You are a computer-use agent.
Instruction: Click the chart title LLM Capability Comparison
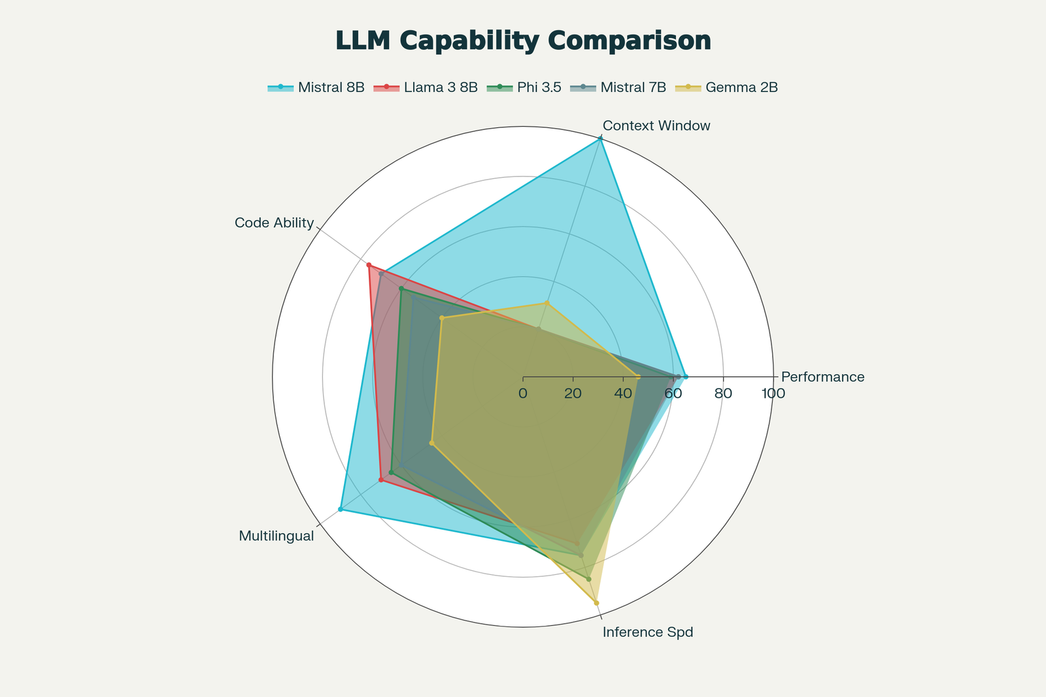(523, 41)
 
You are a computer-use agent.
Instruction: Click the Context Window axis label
(656, 125)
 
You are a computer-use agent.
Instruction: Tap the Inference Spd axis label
(647, 632)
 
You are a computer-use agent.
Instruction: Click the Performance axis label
(822, 377)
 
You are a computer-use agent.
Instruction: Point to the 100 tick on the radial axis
(773, 394)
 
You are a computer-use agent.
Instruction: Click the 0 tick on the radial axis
(523, 394)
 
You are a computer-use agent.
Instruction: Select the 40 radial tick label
(623, 394)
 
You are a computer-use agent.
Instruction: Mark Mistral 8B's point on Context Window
(600, 139)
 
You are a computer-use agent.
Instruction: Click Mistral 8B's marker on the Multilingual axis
(341, 509)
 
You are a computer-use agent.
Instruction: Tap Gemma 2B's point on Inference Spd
(596, 603)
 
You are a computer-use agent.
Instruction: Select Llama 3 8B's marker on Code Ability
(369, 265)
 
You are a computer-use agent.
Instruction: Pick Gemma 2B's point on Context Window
(547, 303)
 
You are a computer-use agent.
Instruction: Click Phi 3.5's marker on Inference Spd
(588, 579)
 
